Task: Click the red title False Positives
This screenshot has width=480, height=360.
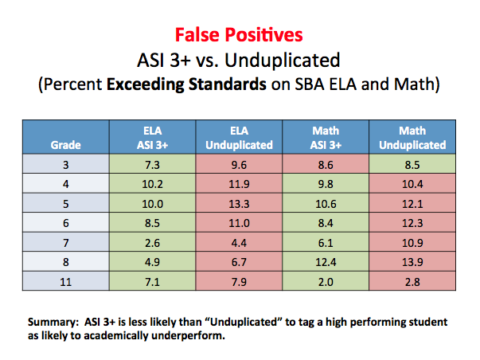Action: pyautogui.click(x=239, y=34)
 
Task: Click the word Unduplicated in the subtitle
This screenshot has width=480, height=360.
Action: pyautogui.click(x=283, y=60)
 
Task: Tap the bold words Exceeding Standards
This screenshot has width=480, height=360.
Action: pyautogui.click(x=186, y=84)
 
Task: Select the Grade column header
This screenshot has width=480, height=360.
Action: pyautogui.click(x=65, y=145)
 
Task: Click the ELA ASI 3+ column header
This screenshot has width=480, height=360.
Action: pyautogui.click(x=153, y=138)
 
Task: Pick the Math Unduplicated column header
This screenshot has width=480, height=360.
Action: pyautogui.click(x=412, y=138)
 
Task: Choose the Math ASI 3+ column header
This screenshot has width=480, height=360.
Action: pyautogui.click(x=326, y=138)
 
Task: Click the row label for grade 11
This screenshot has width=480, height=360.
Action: pyautogui.click(x=65, y=282)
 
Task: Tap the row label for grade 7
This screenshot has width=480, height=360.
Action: pyautogui.click(x=65, y=243)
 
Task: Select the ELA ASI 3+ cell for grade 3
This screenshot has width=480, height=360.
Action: pyautogui.click(x=153, y=165)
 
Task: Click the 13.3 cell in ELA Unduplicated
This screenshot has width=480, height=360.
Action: pyautogui.click(x=239, y=204)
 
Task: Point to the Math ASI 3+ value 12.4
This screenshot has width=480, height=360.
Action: pyautogui.click(x=326, y=262)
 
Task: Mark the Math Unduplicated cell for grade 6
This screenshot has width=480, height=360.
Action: pyautogui.click(x=412, y=223)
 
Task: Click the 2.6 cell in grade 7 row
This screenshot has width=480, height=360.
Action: pyautogui.click(x=153, y=243)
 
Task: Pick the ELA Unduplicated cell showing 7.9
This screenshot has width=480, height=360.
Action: pyautogui.click(x=239, y=282)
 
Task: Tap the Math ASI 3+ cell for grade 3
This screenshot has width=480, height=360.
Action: pyautogui.click(x=326, y=165)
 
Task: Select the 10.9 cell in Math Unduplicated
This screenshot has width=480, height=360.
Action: pyautogui.click(x=412, y=243)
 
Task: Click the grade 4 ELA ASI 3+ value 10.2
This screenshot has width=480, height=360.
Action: pyautogui.click(x=153, y=184)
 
